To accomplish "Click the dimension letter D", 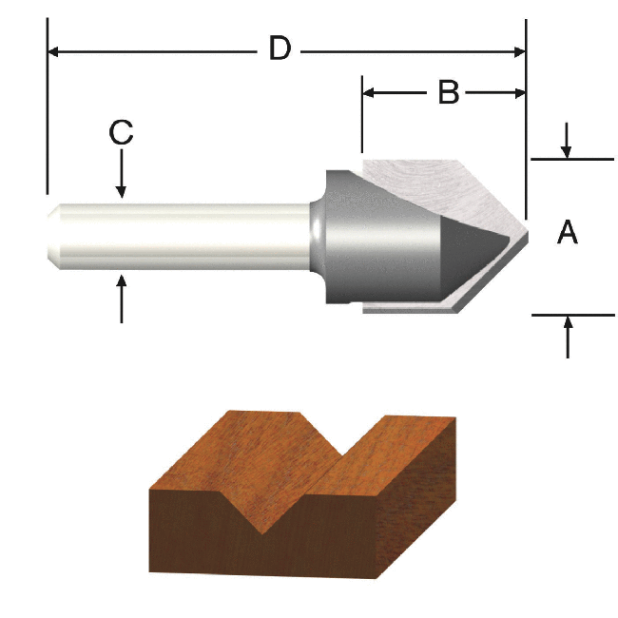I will (279, 48).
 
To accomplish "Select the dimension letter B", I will (448, 92).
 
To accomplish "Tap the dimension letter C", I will (121, 132).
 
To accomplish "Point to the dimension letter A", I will (568, 231).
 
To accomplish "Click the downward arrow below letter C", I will (122, 184).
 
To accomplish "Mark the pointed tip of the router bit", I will (526, 232).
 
